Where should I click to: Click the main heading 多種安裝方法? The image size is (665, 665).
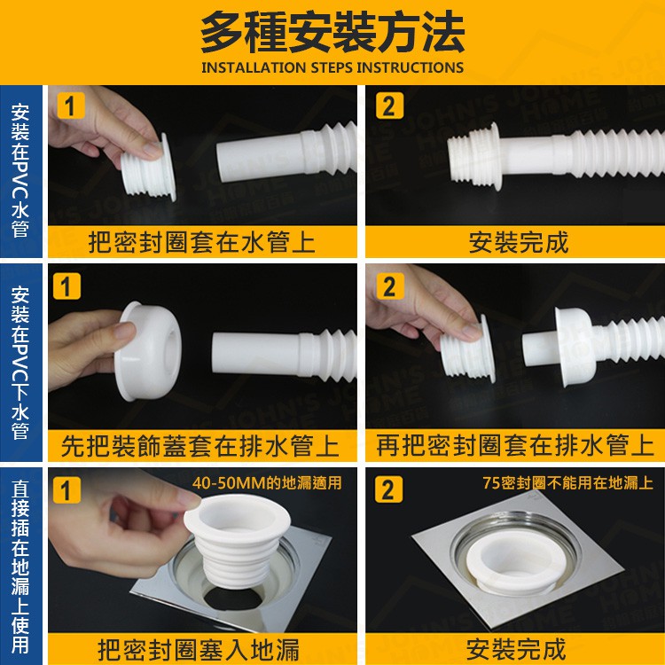coord(332,32)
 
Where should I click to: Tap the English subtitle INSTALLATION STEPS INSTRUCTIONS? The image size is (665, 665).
coord(332,68)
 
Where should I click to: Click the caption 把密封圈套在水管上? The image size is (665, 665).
coord(202,243)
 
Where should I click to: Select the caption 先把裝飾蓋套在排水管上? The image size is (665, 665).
coord(199,446)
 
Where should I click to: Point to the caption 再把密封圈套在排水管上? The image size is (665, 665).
coord(515,446)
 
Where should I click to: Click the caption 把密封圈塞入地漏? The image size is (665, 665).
coord(199,650)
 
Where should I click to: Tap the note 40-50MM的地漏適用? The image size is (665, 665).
coord(267,483)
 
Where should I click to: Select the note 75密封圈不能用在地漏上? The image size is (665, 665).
coord(567,483)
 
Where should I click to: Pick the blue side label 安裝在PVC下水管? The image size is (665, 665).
coord(20,363)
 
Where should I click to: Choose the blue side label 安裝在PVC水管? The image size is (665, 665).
coord(20,170)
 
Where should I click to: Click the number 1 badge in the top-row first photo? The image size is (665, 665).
coord(70,106)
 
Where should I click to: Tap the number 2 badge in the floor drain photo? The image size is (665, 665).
coord(388,489)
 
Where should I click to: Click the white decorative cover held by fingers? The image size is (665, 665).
coord(148,351)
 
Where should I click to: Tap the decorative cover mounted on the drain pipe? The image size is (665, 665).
coord(574,347)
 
